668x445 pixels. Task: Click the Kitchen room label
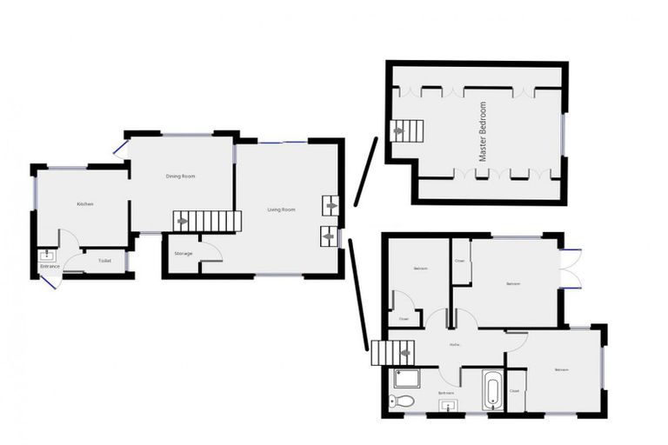pos(84,204)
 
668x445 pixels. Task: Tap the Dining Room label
pos(181,176)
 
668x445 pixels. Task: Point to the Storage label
pos(183,254)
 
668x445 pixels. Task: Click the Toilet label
pos(104,261)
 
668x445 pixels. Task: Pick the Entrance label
pos(50,266)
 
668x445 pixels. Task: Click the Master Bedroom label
pos(484,132)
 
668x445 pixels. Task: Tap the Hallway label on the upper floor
pos(454,346)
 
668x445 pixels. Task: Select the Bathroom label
pos(446,393)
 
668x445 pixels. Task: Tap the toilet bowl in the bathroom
pos(397,401)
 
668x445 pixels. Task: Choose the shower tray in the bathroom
pos(406,378)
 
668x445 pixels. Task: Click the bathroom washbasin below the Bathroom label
pos(446,405)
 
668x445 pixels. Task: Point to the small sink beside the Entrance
pos(45,256)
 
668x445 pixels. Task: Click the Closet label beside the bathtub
pos(514,391)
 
